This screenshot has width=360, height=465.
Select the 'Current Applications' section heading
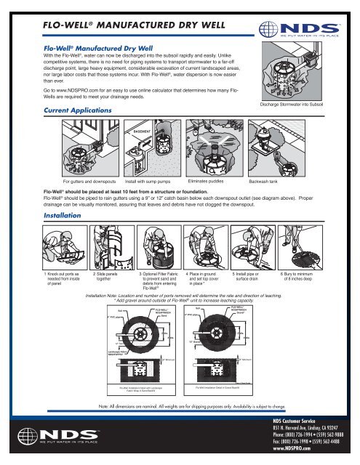[68, 108]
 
